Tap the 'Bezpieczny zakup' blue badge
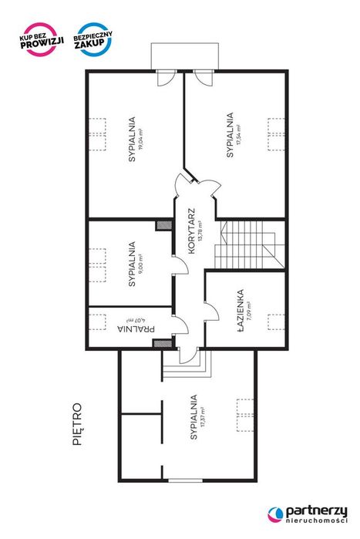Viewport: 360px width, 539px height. point(93,39)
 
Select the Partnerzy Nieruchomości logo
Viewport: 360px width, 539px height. point(308,514)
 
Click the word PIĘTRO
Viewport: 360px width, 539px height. point(78,424)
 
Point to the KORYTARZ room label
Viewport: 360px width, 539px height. point(191,231)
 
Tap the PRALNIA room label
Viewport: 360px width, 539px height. point(136,328)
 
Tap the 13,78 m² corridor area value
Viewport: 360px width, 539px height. point(200,231)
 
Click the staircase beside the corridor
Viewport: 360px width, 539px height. point(250,244)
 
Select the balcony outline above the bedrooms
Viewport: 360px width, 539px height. point(185,56)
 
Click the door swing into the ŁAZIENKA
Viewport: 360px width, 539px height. point(211,312)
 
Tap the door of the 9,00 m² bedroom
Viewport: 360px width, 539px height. point(180,264)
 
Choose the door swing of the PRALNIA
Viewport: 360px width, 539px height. point(180,324)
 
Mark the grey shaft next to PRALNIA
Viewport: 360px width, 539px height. point(163,343)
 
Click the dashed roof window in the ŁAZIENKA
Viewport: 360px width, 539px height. point(276,322)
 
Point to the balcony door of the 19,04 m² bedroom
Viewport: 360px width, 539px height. point(167,78)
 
